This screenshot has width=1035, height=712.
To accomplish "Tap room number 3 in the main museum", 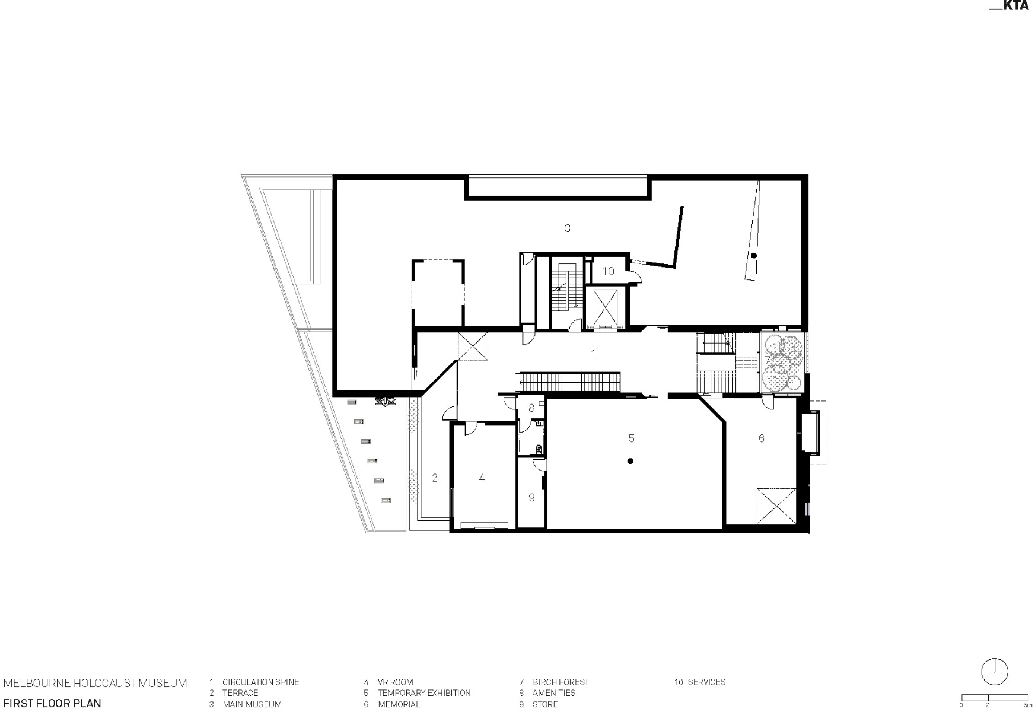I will (x=568, y=228).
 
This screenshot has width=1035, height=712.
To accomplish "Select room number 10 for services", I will (x=609, y=271).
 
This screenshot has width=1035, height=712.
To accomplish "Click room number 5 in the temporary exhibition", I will (x=631, y=438).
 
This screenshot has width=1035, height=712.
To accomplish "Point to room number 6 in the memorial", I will (x=762, y=438).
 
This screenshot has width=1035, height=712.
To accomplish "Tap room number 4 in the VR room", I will (x=482, y=478).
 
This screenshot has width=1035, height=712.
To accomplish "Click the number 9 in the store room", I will (x=531, y=498).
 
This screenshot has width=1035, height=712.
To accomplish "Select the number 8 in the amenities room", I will (x=531, y=408).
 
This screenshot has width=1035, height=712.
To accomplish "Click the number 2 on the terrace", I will (x=434, y=478).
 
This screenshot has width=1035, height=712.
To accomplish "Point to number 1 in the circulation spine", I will (x=593, y=354).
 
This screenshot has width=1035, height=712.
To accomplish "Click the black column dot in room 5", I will (x=630, y=461).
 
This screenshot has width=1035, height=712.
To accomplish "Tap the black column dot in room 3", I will (x=753, y=256).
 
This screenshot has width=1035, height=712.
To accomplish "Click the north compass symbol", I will (x=995, y=671).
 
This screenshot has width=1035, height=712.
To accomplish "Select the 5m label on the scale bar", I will (x=1027, y=705).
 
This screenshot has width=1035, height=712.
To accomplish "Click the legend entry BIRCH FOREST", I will (x=561, y=682).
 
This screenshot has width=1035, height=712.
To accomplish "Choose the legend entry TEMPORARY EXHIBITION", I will (x=424, y=693).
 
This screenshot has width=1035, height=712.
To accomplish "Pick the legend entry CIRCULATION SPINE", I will (x=260, y=682).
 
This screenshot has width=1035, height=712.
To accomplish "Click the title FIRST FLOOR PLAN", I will (x=52, y=704).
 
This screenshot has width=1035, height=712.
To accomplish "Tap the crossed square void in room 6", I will (x=776, y=506).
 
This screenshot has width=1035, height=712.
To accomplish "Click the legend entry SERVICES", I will (x=706, y=682).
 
